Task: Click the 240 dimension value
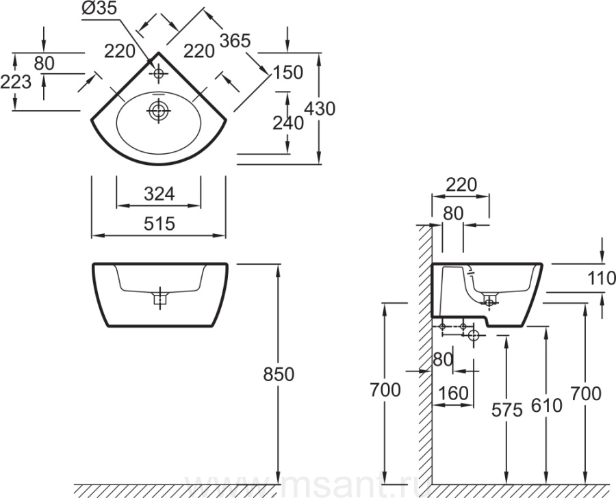pos(287,123)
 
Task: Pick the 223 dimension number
pos(16,82)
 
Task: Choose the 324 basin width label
pos(159,194)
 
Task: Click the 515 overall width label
pos(159,224)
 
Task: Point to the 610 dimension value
pos(546,405)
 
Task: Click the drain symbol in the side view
pos(490,301)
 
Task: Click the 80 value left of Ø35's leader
pos(44,62)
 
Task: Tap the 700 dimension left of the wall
pos(385,391)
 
